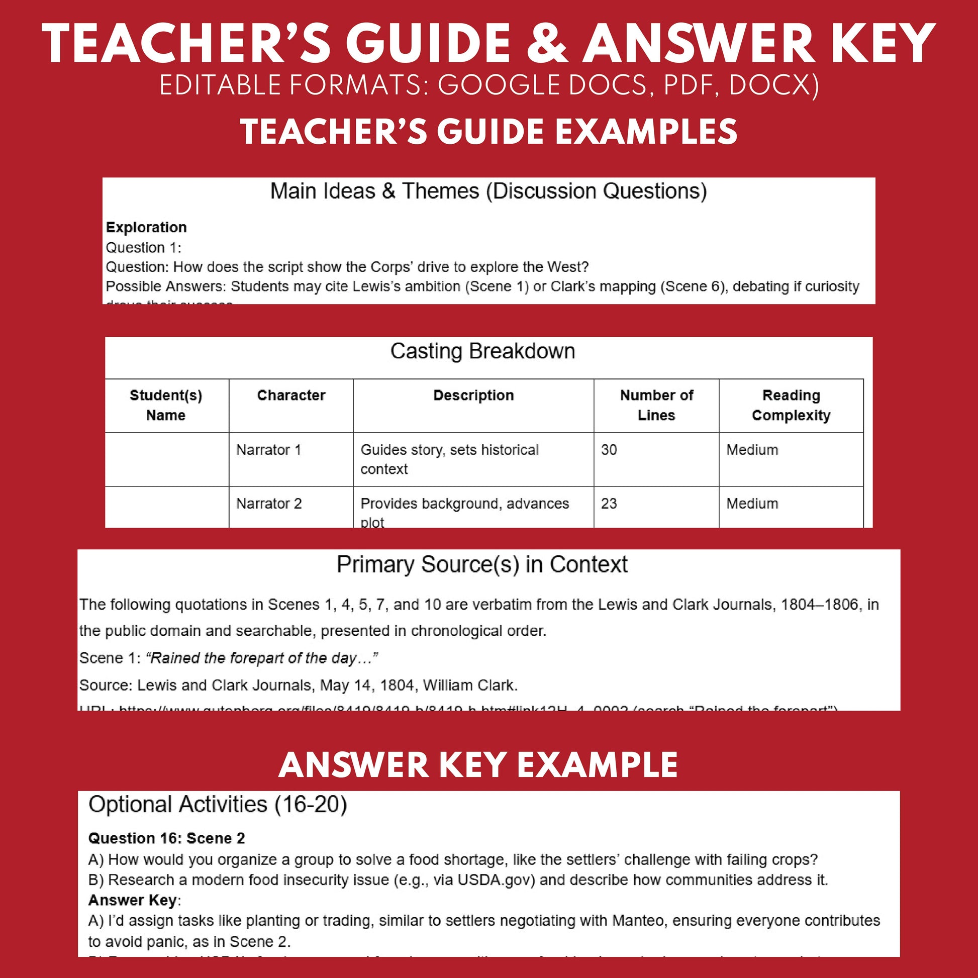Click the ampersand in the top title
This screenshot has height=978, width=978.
[547, 44]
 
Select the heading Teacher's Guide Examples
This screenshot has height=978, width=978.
[488, 132]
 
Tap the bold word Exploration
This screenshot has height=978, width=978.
[146, 227]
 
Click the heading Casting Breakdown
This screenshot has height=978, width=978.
[482, 351]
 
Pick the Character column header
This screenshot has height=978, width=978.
[291, 396]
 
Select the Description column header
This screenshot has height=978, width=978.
[473, 396]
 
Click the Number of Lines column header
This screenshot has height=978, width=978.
[656, 405]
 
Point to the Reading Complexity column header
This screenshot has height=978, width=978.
[791, 405]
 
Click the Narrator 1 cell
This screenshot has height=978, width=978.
[269, 449]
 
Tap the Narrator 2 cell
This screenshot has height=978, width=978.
[269, 504]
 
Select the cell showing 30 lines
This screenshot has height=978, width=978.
[609, 449]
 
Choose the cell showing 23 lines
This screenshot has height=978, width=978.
[609, 504]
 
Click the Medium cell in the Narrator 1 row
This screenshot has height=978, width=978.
[752, 449]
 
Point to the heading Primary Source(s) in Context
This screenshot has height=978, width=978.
[482, 564]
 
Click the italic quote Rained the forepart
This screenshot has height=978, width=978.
[262, 658]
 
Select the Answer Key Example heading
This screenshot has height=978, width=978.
[478, 765]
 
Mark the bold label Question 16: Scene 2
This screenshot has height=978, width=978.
[166, 838]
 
